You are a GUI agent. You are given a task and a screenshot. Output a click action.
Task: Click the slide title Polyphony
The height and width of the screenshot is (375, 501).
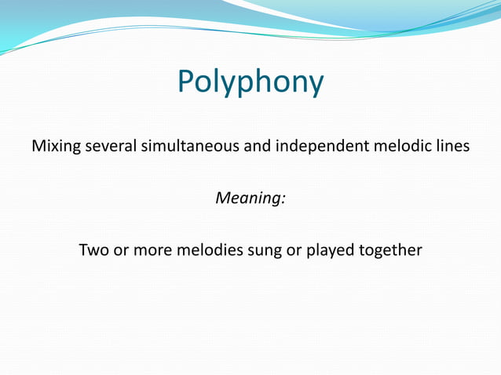(x=251, y=82)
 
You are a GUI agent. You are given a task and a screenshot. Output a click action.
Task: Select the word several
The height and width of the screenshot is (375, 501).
(x=107, y=147)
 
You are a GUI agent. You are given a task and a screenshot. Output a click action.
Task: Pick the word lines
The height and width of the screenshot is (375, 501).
(x=452, y=147)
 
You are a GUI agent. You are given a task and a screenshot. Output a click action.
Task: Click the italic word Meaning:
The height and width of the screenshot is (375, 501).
(x=251, y=198)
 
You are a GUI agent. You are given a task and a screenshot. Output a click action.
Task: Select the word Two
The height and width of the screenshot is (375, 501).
(x=93, y=251)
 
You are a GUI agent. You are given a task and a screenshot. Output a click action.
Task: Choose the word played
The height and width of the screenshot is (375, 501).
(x=330, y=251)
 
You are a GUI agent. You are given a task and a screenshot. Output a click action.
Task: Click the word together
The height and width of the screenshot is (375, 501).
(x=391, y=251)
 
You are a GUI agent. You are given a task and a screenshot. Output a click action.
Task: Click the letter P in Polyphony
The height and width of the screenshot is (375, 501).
(x=185, y=82)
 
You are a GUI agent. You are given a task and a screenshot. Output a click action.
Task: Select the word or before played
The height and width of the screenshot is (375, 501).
(x=293, y=251)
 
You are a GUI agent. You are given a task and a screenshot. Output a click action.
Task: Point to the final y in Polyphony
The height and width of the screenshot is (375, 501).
(x=316, y=85)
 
